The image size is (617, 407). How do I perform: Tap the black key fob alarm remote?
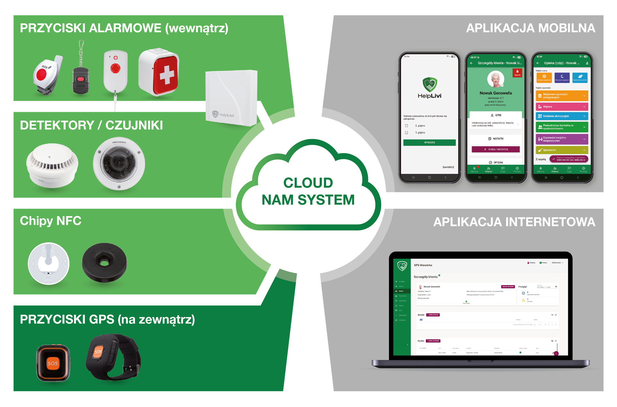(x=81, y=79)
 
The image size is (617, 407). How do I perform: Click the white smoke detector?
(x=52, y=165)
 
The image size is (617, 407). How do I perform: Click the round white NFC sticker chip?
(x=49, y=263)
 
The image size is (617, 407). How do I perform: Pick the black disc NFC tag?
(x=104, y=262)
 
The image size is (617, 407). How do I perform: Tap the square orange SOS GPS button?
(x=53, y=363)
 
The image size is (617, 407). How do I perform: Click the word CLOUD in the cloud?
(x=308, y=183)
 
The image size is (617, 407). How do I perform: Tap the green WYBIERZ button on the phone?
(x=429, y=142)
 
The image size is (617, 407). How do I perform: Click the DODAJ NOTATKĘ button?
(x=496, y=149)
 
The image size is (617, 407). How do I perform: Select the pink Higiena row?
(x=562, y=107)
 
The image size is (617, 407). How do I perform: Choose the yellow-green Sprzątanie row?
(x=562, y=150)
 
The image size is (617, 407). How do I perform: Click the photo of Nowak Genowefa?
(x=496, y=79)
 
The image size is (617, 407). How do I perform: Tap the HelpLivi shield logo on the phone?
(x=429, y=84)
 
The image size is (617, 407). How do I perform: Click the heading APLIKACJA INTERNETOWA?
(x=514, y=222)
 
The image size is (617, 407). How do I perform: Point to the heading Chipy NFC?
(x=50, y=221)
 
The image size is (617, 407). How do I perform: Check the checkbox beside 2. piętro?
(x=407, y=126)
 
